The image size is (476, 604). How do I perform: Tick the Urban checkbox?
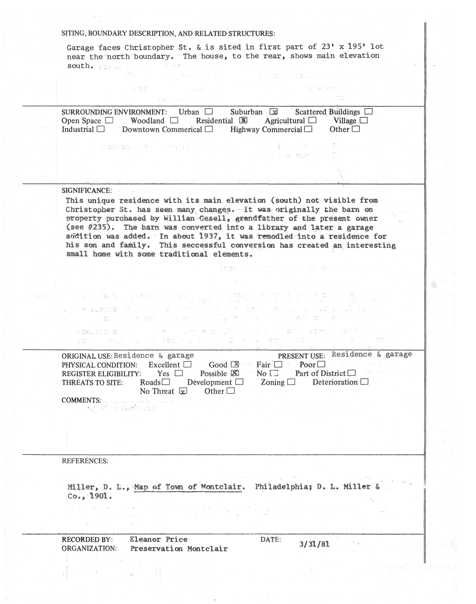(x=208, y=112)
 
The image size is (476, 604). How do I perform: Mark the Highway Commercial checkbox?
(x=308, y=129)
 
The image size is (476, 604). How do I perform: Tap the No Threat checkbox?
(x=183, y=391)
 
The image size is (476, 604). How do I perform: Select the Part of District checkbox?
(x=352, y=373)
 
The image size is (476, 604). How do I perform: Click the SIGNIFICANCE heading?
(x=86, y=191)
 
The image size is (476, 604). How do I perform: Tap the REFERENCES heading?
(x=85, y=461)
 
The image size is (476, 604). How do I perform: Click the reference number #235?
(x=96, y=227)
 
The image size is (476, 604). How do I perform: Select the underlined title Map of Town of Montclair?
(x=188, y=487)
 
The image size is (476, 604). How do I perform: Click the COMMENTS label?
(x=81, y=400)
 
